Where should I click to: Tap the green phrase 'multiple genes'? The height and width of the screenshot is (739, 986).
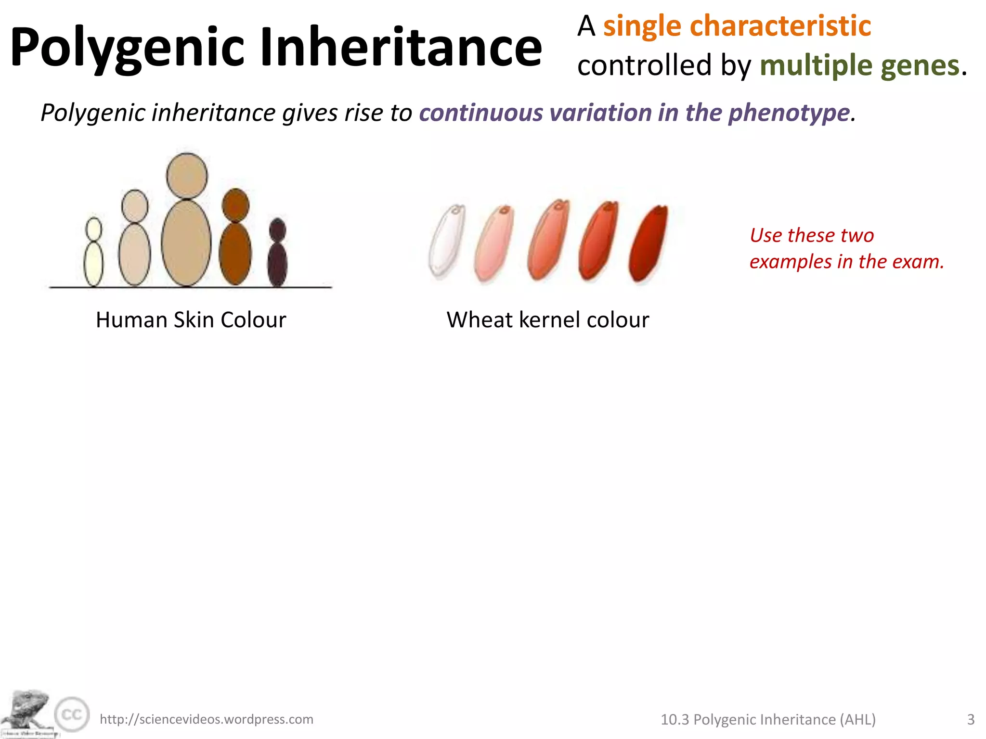pyautogui.click(x=859, y=65)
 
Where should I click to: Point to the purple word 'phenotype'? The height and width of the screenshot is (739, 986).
pyautogui.click(x=789, y=113)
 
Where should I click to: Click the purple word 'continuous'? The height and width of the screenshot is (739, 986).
pyautogui.click(x=481, y=113)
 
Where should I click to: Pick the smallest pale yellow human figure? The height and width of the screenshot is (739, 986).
pyautogui.click(x=93, y=255)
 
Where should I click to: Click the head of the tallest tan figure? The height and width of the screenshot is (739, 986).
pyautogui.click(x=187, y=176)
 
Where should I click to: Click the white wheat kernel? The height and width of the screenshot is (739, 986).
pyautogui.click(x=447, y=242)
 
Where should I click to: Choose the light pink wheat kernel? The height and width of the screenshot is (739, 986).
pyautogui.click(x=494, y=243)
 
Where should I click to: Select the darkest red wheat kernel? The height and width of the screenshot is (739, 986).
pyautogui.click(x=649, y=243)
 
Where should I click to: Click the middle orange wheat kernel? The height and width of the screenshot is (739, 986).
pyautogui.click(x=548, y=241)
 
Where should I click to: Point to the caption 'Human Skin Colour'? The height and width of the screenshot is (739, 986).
pyautogui.click(x=191, y=320)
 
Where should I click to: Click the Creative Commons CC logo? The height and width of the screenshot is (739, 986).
pyautogui.click(x=72, y=714)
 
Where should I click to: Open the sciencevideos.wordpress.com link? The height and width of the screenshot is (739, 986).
pyautogui.click(x=207, y=719)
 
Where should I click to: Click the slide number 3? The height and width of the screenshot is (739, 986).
pyautogui.click(x=971, y=719)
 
